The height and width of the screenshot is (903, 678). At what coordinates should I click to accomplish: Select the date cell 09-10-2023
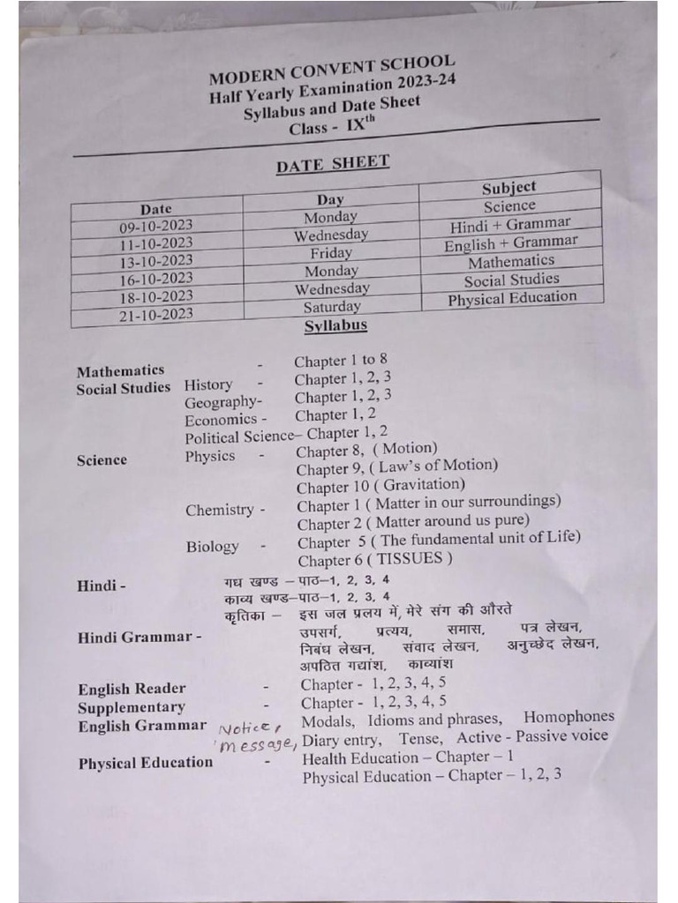(x=155, y=227)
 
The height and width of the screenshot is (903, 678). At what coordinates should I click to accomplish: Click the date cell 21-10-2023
(x=155, y=314)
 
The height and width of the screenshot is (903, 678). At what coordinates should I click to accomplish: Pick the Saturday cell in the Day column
(x=332, y=307)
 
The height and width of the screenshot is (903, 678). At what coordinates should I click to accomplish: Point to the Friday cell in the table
(x=331, y=253)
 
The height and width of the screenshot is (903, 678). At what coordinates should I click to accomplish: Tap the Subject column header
(x=509, y=187)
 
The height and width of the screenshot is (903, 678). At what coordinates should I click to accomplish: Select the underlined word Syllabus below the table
(x=335, y=325)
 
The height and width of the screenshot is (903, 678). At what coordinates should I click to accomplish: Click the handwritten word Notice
(x=249, y=728)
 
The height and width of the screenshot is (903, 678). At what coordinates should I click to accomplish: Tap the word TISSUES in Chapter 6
(x=414, y=559)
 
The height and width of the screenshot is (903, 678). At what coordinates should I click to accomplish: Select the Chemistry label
(x=220, y=510)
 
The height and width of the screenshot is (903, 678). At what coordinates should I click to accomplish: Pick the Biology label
(x=212, y=547)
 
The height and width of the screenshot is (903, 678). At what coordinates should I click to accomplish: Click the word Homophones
(x=569, y=717)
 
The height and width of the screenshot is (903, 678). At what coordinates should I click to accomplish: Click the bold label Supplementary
(x=132, y=707)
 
